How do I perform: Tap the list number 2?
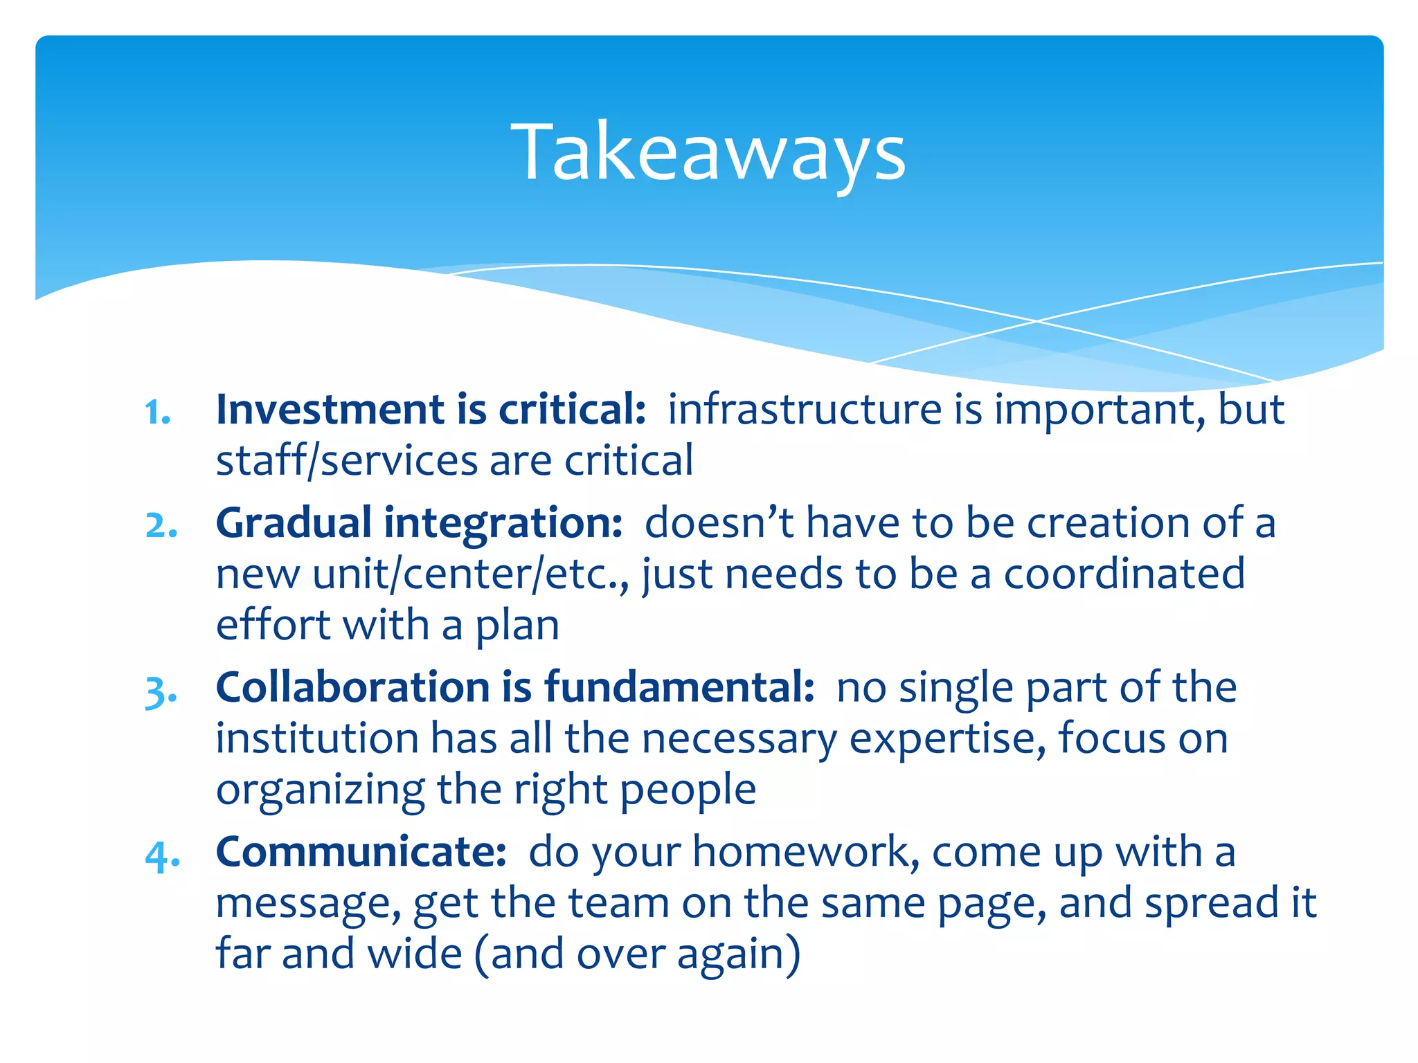click(x=161, y=526)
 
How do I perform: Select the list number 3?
click(x=161, y=691)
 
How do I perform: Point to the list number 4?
click(x=163, y=855)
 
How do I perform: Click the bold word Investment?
click(x=330, y=410)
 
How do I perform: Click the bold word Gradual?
click(x=294, y=523)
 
